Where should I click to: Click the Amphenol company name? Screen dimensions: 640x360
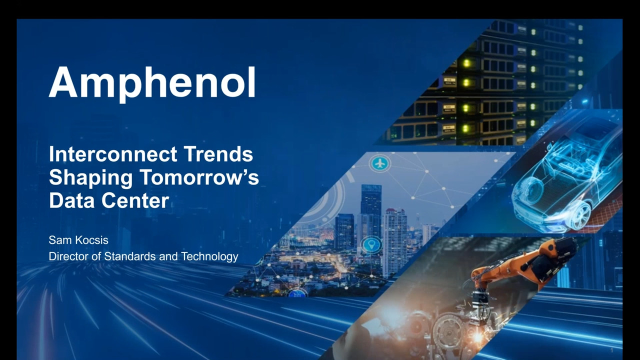click(x=152, y=83)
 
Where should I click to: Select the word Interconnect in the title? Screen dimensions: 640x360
click(x=113, y=154)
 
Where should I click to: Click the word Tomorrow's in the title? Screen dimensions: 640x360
click(x=199, y=177)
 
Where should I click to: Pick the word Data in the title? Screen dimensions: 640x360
click(x=71, y=200)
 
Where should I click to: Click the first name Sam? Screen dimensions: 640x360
click(x=57, y=240)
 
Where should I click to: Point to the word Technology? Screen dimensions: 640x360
click(x=209, y=257)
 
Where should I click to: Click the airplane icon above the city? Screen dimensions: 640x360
click(x=379, y=163)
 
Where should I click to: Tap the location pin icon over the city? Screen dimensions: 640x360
click(x=371, y=245)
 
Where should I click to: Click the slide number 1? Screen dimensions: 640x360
click(x=611, y=350)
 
